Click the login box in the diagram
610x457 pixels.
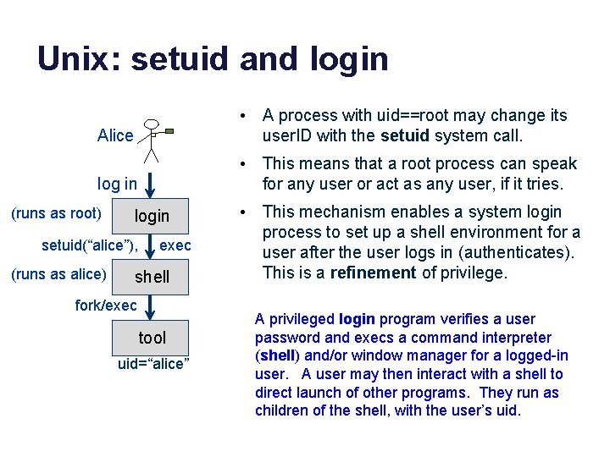[152, 216]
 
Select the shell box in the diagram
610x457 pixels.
[152, 277]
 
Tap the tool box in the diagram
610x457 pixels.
[152, 338]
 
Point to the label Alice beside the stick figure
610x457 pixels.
[115, 135]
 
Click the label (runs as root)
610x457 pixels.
[56, 213]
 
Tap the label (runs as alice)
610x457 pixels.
[58, 273]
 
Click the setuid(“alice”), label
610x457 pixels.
[90, 245]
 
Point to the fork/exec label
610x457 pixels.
[106, 306]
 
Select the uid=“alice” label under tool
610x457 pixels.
[153, 364]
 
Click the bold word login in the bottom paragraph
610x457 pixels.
[358, 319]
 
